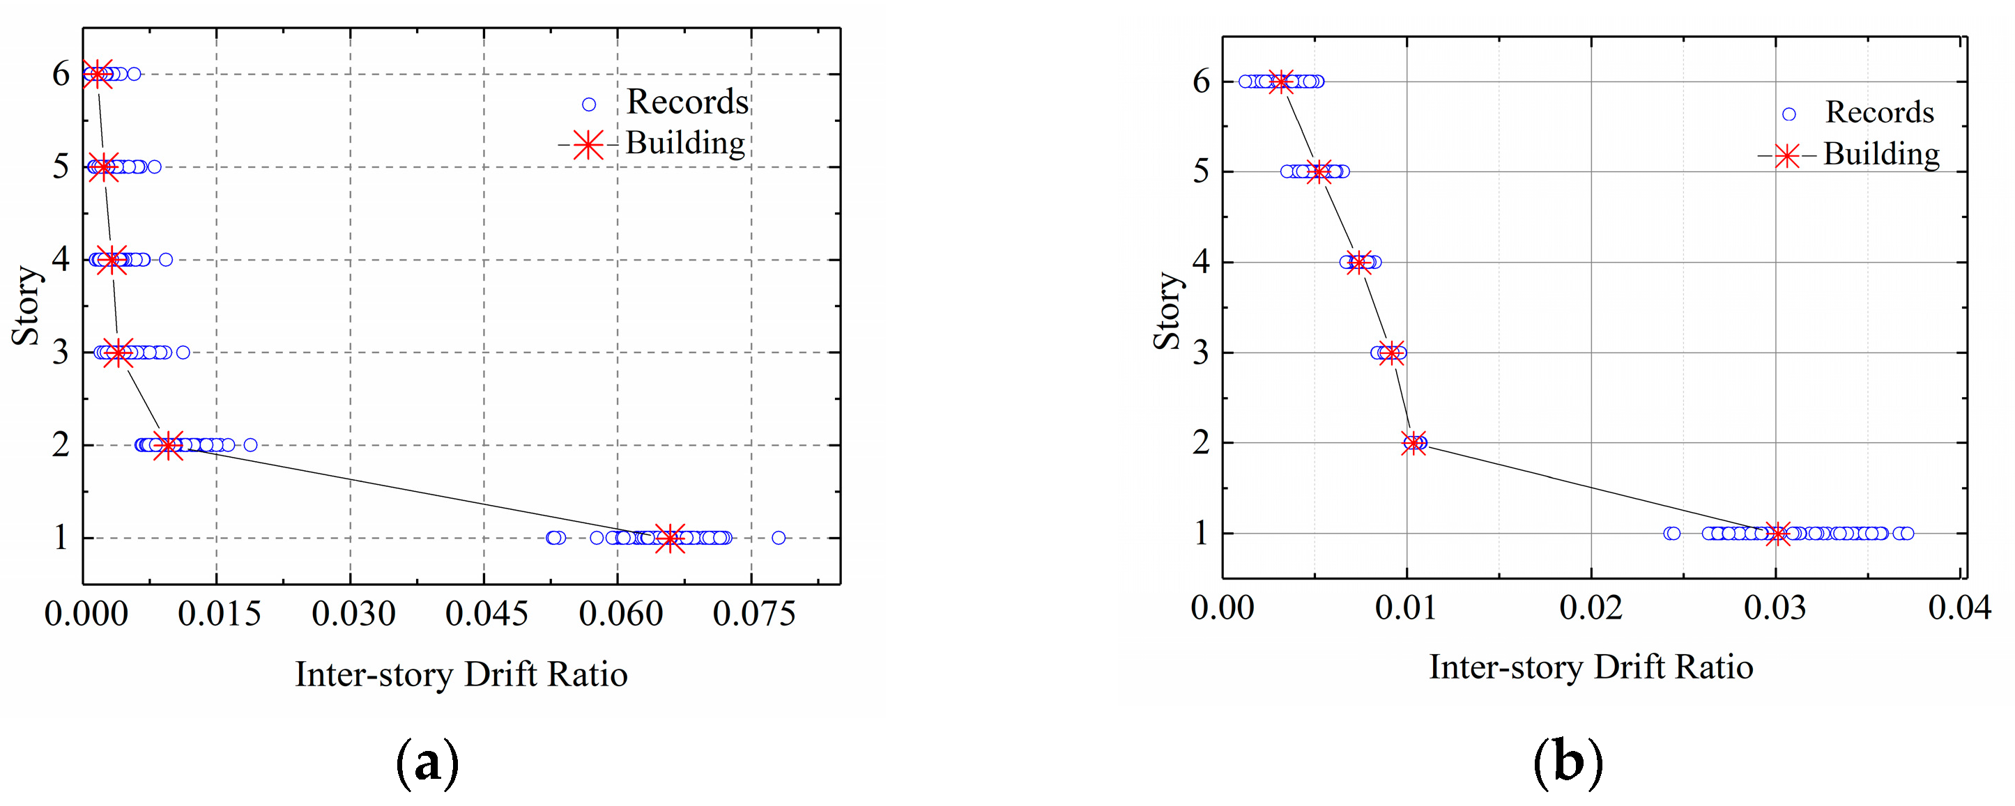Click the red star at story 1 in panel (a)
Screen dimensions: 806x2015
(x=670, y=538)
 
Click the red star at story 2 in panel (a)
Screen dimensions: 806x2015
(x=167, y=445)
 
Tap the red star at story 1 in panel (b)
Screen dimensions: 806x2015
(x=1777, y=534)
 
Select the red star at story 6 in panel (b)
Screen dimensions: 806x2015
(x=1280, y=82)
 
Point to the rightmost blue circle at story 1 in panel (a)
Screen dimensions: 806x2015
(x=779, y=538)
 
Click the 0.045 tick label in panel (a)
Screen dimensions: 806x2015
(x=486, y=614)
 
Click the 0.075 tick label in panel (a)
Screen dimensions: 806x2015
(x=754, y=614)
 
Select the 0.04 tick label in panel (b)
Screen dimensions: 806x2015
(x=1959, y=607)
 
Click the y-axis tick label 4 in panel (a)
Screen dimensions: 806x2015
(x=61, y=260)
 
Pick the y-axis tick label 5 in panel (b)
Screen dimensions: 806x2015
(x=1202, y=171)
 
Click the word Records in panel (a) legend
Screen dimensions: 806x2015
(x=687, y=102)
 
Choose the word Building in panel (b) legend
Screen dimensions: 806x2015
(x=1881, y=154)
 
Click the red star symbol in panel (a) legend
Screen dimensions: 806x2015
(x=588, y=145)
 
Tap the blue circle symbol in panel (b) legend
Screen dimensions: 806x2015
(x=1789, y=114)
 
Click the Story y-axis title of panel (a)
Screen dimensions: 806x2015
(x=25, y=306)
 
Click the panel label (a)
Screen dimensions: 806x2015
(x=427, y=763)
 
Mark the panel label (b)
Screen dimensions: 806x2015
(x=1568, y=762)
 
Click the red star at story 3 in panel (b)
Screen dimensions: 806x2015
(x=1390, y=352)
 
